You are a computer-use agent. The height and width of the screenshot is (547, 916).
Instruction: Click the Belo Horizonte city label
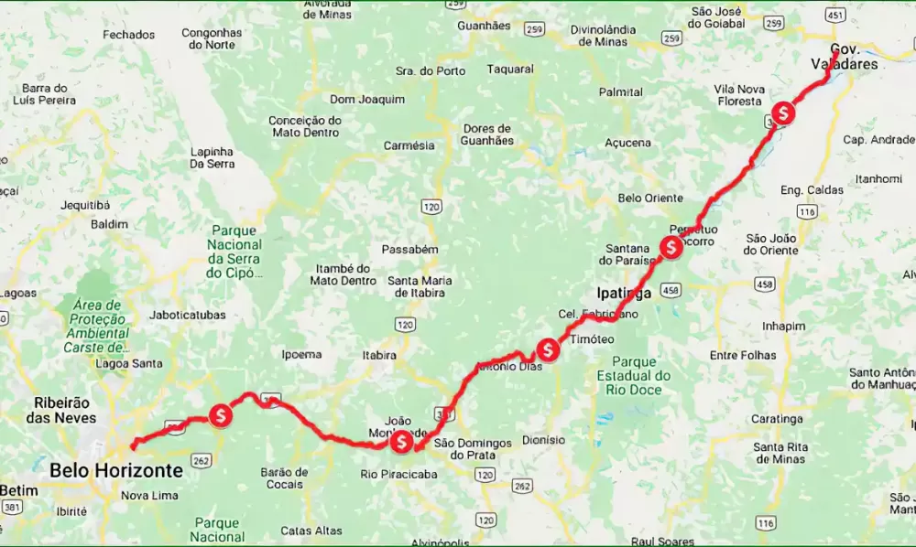[116, 470]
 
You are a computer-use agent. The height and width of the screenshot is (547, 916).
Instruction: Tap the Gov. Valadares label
[844, 57]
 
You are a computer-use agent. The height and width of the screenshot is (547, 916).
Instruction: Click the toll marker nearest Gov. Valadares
[783, 113]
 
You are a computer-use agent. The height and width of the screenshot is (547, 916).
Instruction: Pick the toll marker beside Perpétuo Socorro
[671, 247]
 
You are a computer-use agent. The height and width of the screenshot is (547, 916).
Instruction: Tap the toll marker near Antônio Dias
[548, 349]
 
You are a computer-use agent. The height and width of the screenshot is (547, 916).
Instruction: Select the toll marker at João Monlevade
[401, 443]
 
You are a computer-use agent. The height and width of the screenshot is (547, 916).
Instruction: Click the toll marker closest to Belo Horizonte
[220, 415]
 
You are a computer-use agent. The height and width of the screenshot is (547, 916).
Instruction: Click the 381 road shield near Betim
[11, 505]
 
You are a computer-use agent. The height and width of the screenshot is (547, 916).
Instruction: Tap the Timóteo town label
[592, 338]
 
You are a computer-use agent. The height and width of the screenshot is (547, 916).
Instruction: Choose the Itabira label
[379, 355]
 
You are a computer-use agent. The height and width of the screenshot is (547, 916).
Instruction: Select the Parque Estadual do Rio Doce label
[633, 376]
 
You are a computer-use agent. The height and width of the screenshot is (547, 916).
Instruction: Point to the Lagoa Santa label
[129, 363]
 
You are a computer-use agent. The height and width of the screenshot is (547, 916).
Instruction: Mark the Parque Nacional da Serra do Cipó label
[234, 252]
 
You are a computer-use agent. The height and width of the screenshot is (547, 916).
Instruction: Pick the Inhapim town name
[783, 326]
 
